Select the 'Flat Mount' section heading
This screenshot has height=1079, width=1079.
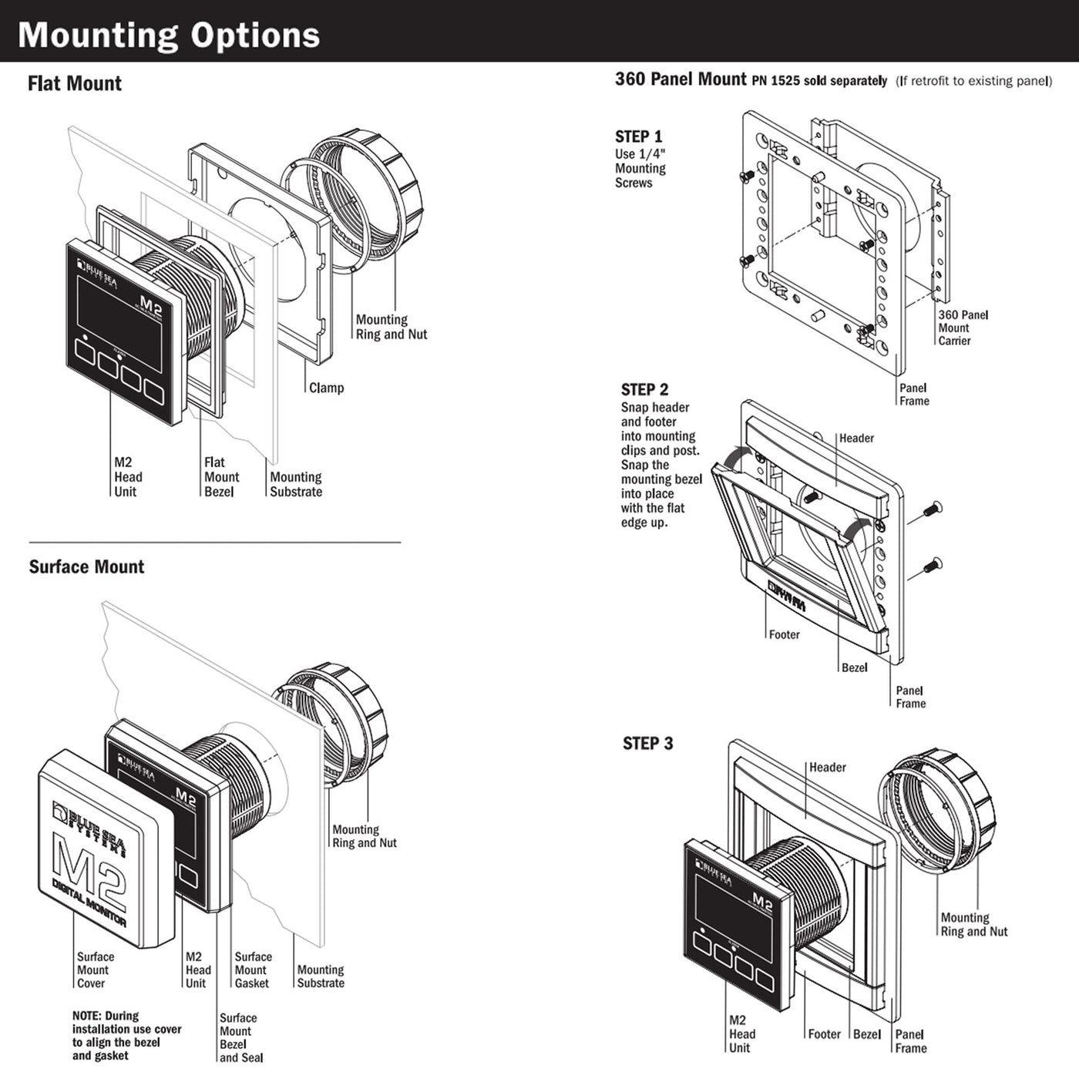point(75,83)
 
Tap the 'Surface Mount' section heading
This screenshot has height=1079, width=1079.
point(86,567)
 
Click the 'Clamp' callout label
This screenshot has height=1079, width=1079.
point(326,388)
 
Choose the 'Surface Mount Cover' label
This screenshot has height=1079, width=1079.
point(95,970)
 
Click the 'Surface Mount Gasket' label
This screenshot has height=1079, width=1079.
point(253,970)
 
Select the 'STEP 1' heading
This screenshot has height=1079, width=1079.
point(638,136)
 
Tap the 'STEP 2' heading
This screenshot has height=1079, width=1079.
point(644,389)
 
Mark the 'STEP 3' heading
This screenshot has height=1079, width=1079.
point(647,744)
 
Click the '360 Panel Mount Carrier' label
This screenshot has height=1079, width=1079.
point(963,328)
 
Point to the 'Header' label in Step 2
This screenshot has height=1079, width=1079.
point(856,438)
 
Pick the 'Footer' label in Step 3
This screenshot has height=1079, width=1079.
point(824,1034)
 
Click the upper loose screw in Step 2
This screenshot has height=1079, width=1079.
point(932,509)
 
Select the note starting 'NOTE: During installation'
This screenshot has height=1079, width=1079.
point(126,1036)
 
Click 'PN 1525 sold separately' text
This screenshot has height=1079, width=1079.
point(819,81)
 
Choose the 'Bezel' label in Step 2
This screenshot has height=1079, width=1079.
point(854,667)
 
